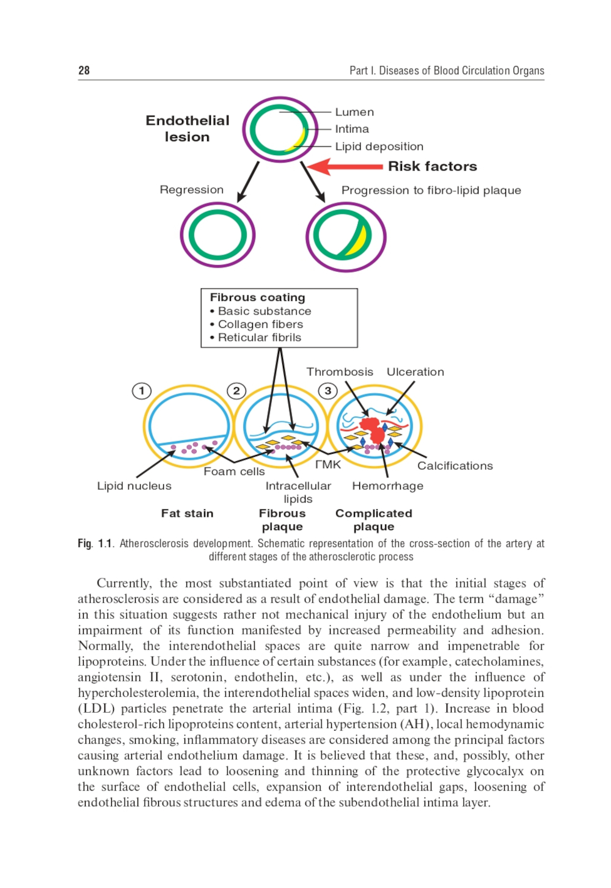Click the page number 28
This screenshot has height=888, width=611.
(x=84, y=70)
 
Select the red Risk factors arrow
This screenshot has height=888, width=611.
(x=345, y=166)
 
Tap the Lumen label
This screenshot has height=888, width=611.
(x=354, y=112)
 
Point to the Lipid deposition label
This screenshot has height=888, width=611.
(x=379, y=147)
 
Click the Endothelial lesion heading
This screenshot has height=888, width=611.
(x=188, y=129)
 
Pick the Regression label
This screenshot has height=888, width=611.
(x=192, y=190)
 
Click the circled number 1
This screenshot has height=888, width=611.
(x=142, y=391)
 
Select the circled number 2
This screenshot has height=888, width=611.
(x=236, y=391)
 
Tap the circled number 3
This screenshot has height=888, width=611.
(x=328, y=391)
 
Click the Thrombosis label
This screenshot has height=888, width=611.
(x=340, y=372)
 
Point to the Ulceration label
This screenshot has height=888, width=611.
(x=415, y=372)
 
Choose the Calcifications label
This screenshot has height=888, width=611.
(x=455, y=466)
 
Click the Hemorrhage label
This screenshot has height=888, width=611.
(x=387, y=486)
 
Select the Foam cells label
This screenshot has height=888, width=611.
(x=234, y=471)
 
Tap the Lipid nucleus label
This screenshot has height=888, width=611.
(x=134, y=486)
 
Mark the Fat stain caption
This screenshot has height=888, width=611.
(x=188, y=514)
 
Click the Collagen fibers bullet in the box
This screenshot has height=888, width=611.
(x=260, y=324)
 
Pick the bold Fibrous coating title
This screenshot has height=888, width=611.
(x=257, y=297)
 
